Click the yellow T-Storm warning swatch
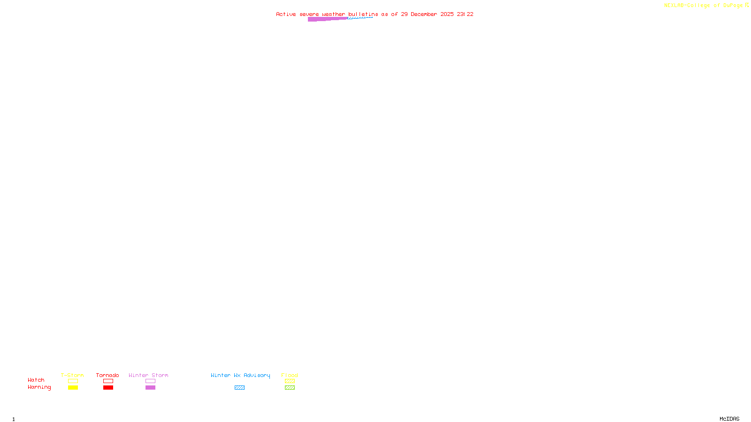[73, 388]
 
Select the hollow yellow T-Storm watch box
[73, 381]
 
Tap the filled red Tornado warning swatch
[108, 388]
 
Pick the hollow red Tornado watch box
[108, 381]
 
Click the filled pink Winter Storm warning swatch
[150, 388]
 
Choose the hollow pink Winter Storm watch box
[150, 381]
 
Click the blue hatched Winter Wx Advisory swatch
[239, 388]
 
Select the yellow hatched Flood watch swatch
[290, 381]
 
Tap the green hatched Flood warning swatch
[290, 388]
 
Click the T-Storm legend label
[72, 375]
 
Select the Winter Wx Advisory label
[240, 375]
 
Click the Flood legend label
[290, 375]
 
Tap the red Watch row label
[36, 380]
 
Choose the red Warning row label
[39, 387]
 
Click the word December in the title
[424, 14]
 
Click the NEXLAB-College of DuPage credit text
[704, 6]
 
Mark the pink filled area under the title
[324, 19]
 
